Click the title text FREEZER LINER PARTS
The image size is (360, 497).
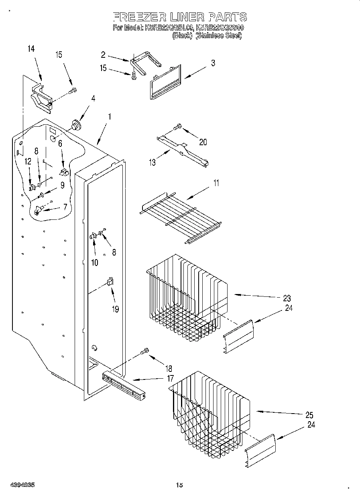tap(179, 17)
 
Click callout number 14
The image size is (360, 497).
tap(31, 49)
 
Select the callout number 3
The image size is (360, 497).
tap(213, 63)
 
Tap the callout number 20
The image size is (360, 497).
tap(203, 142)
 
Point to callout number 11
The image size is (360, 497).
tap(216, 184)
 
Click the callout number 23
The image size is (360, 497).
tap(287, 298)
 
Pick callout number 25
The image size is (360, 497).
tap(309, 415)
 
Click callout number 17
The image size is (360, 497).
tap(171, 378)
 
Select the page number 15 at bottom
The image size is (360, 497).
tap(179, 485)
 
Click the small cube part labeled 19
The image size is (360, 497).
tap(109, 282)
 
